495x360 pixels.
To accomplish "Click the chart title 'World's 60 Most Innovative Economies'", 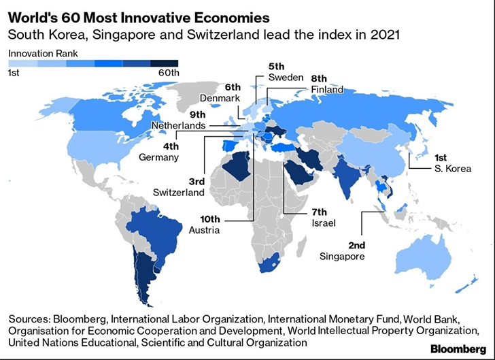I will tap(135, 15).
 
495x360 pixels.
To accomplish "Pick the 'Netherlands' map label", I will tap(179, 125).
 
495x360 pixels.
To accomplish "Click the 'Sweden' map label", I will tap(286, 78).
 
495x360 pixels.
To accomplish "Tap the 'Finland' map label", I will tap(327, 89).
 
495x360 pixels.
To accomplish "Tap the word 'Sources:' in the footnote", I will tap(30, 318).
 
